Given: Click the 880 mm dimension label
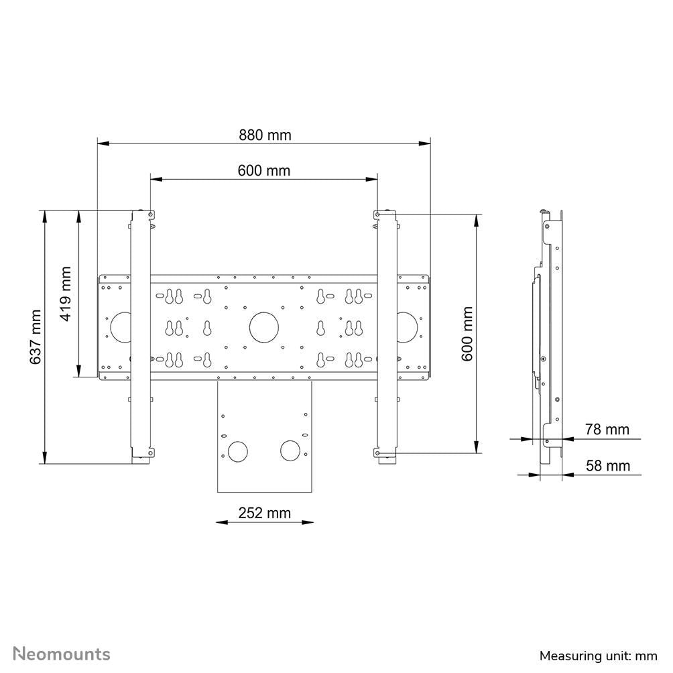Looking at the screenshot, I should point(265,135).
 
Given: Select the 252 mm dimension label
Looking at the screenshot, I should point(265,513).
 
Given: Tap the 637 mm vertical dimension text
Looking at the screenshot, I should point(36,337).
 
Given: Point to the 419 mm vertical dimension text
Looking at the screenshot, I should point(66,294).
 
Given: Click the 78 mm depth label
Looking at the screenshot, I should point(607,429).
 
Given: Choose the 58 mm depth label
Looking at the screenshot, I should point(607,465).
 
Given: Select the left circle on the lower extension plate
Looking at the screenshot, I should point(237,450).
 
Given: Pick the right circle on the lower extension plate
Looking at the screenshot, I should point(291,450).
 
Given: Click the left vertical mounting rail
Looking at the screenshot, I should point(140,335).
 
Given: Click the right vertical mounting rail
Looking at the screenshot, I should point(387,335).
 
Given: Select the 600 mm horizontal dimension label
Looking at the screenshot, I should point(264,170).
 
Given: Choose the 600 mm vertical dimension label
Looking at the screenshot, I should point(467,334).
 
